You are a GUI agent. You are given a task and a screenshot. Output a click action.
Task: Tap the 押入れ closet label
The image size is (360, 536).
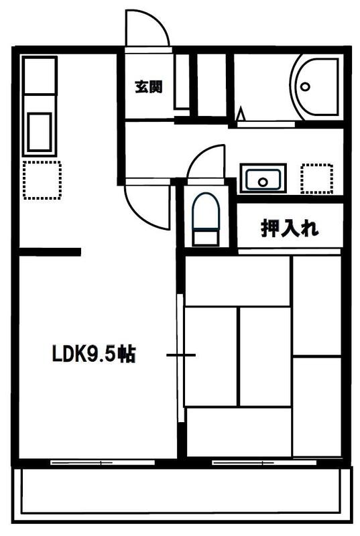[290, 228]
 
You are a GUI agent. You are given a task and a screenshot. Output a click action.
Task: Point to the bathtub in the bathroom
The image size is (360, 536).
[316, 87]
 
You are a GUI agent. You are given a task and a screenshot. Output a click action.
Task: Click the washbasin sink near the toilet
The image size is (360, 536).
[263, 178]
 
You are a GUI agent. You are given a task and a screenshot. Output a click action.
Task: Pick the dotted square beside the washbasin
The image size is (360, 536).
[316, 178]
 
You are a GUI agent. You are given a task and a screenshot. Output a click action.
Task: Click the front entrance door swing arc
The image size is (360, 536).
[147, 28]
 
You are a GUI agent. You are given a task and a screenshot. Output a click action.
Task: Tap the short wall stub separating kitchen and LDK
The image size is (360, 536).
[50, 252]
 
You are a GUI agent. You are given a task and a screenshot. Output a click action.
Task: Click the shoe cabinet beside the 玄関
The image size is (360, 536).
[182, 81]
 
